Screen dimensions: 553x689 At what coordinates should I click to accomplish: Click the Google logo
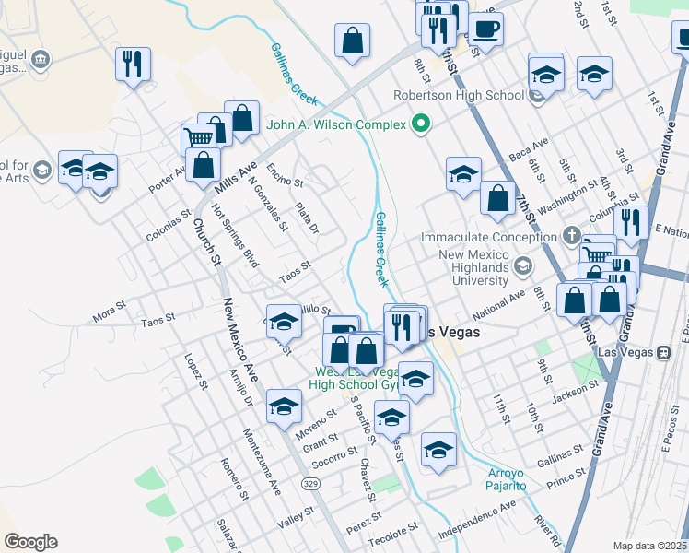(x=30, y=542)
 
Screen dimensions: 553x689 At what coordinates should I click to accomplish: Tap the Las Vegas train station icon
(x=662, y=352)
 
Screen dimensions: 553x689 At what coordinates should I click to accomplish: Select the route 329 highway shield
(x=312, y=483)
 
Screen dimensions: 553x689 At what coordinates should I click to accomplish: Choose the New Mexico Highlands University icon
(x=523, y=267)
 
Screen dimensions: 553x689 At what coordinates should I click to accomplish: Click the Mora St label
(x=109, y=312)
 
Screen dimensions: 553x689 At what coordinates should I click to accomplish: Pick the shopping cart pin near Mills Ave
(x=199, y=138)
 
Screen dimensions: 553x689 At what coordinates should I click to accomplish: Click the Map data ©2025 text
(x=649, y=546)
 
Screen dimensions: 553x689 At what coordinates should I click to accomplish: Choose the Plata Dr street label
(x=306, y=218)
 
